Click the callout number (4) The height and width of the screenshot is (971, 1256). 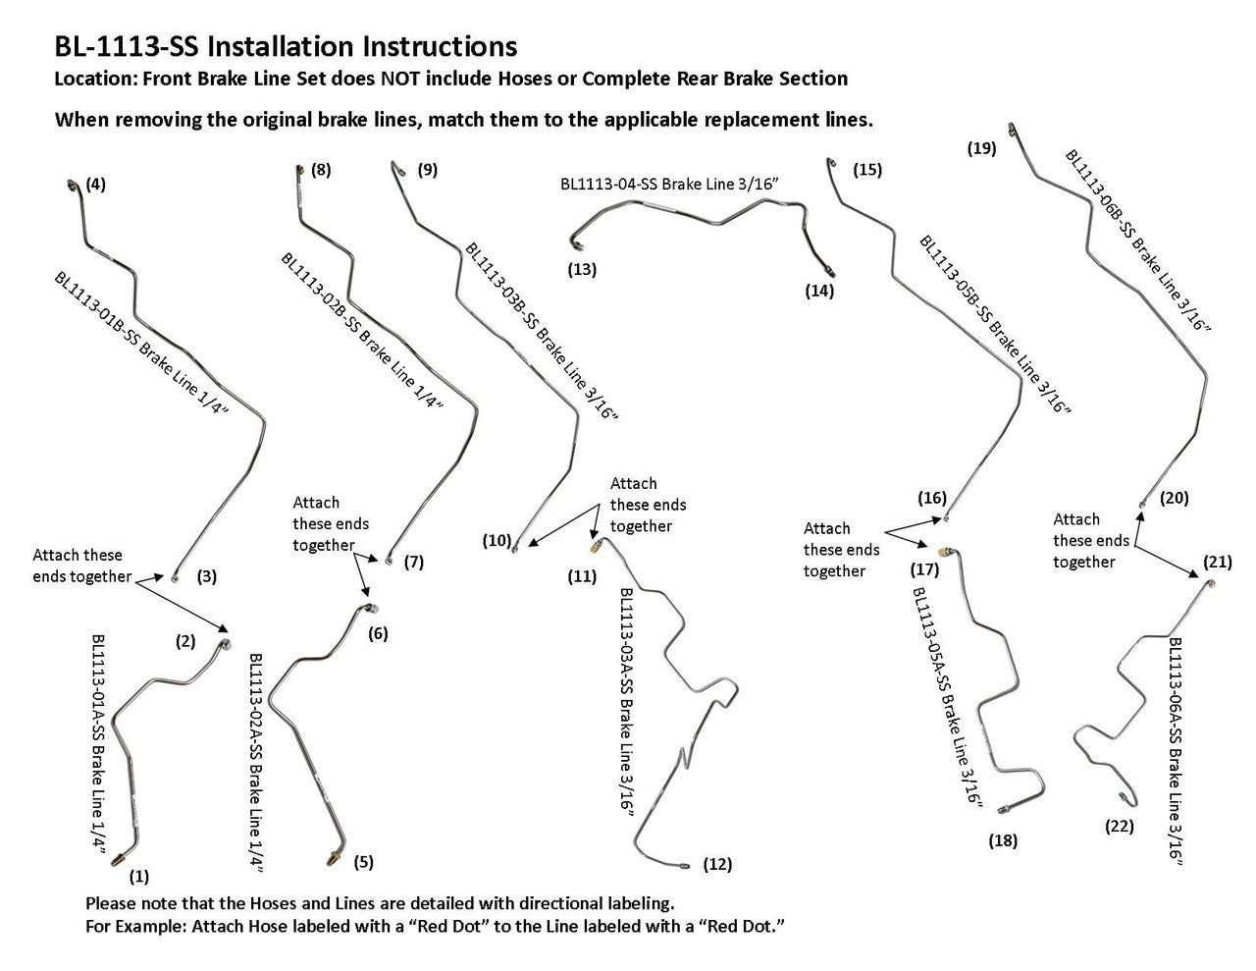96,184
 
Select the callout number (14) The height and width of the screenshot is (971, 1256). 818,291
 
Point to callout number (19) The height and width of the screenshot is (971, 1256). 981,149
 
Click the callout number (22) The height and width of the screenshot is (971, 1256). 1119,826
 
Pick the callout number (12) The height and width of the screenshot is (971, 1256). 717,864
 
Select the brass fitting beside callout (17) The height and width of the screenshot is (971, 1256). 945,553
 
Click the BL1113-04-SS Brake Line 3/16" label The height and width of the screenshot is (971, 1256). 668,183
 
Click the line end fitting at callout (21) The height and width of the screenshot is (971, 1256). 1213,583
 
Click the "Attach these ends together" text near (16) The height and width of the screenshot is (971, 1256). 841,550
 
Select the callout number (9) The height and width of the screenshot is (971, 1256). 427,169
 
